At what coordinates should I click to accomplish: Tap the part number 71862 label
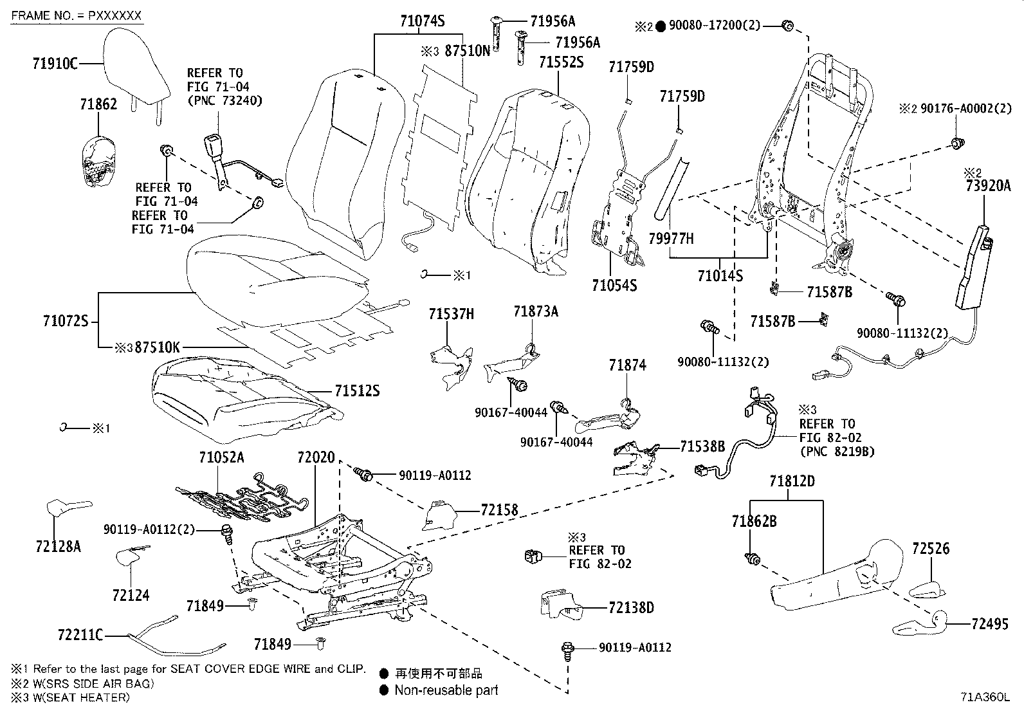pos(98,104)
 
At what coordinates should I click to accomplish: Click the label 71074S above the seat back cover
pos(421,21)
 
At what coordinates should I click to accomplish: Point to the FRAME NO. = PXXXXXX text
pos(76,15)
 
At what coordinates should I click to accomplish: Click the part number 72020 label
pos(316,458)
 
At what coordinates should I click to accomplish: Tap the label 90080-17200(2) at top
pos(714,26)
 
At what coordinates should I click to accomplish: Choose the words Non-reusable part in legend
pos(446,690)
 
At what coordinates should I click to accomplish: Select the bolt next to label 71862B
pos(749,558)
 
